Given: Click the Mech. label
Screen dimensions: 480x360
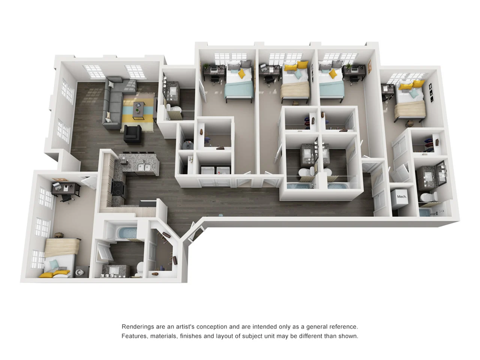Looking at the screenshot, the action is pyautogui.click(x=402, y=196).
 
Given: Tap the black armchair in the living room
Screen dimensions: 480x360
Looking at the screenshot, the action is pyautogui.click(x=132, y=134).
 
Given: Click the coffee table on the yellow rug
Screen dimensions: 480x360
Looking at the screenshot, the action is pyautogui.click(x=138, y=110).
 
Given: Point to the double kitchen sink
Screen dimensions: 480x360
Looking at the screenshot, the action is pyautogui.click(x=144, y=167).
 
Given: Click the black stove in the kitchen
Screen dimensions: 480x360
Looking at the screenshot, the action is pyautogui.click(x=118, y=188).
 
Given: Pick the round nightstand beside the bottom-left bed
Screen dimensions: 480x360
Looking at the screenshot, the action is pyautogui.click(x=79, y=272).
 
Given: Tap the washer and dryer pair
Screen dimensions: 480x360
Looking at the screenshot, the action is pyautogui.click(x=215, y=170).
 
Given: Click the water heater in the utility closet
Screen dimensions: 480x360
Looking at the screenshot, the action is pyautogui.click(x=187, y=145).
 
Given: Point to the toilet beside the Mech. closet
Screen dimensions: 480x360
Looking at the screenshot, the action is pyautogui.click(x=428, y=197).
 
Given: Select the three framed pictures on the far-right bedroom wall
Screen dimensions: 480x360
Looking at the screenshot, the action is pyautogui.click(x=431, y=92).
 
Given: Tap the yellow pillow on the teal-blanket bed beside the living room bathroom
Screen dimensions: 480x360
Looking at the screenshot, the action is pyautogui.click(x=241, y=73).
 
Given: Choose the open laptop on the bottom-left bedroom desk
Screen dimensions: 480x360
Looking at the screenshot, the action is pyautogui.click(x=56, y=186).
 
